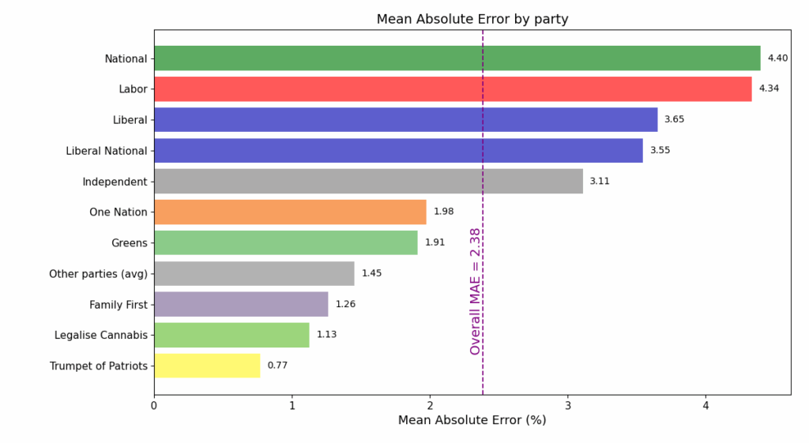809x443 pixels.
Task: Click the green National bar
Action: pos(457,58)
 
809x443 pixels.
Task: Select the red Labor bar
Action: pos(453,89)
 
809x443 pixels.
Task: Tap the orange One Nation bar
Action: pos(290,212)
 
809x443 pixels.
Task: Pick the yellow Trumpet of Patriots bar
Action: pos(207,366)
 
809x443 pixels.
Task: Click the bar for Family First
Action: pos(241,304)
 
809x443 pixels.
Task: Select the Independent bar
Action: pos(368,181)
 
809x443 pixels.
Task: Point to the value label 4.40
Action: pos(778,58)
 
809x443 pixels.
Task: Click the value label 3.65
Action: pos(674,119)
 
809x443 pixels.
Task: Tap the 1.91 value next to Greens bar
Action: pos(435,242)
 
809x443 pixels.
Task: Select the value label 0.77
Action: pos(277,366)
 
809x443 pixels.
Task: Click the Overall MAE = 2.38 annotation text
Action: pos(475,291)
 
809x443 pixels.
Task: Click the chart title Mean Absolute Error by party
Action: pos(472,19)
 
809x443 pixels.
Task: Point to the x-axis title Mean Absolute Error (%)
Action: pos(472,420)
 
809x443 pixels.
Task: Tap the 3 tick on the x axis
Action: pos(567,405)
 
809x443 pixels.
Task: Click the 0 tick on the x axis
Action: pos(154,405)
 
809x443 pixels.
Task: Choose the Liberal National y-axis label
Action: pos(107,151)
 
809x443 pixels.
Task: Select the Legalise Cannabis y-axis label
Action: pos(101,335)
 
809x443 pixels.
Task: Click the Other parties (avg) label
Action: pos(98,274)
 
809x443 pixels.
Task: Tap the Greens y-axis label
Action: pos(130,243)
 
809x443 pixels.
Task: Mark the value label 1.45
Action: pos(371,273)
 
